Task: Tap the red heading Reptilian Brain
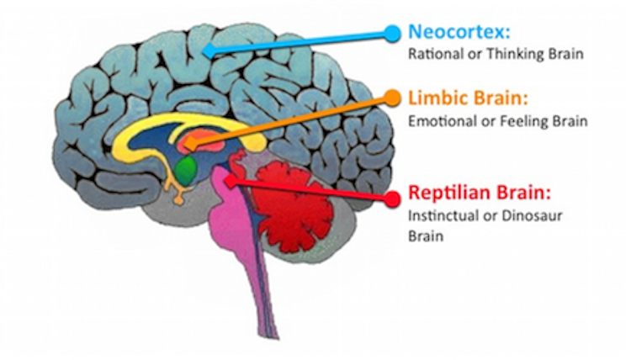pos(476,193)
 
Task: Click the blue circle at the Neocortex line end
pos(392,33)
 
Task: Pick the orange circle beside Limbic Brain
pos(391,98)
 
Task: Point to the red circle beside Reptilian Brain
pos(392,199)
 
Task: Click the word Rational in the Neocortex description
pos(432,55)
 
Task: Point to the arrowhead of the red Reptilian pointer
pos(228,178)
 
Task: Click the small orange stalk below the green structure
pos(177,193)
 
